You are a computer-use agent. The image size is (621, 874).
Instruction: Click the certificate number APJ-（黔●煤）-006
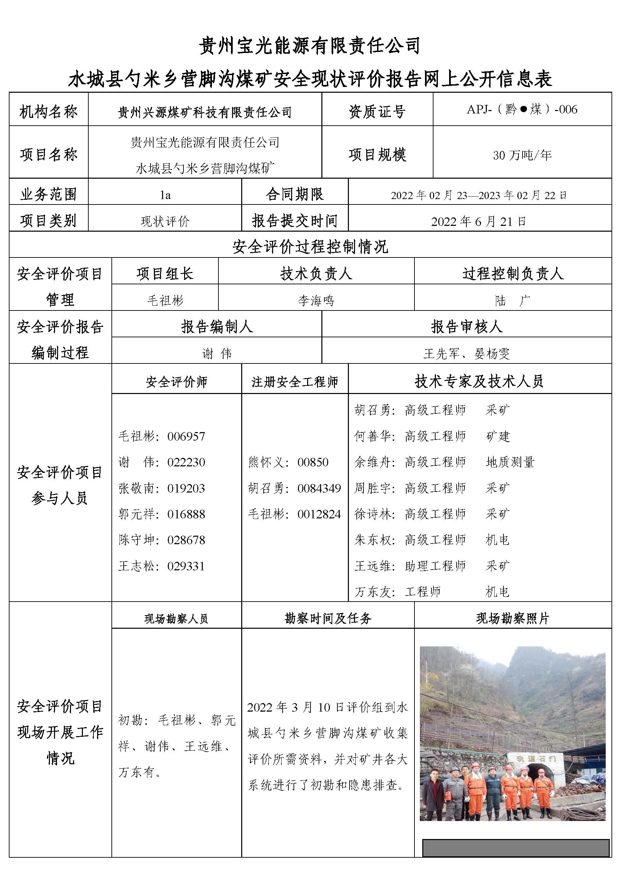522,110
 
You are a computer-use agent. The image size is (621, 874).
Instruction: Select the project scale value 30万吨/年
522,155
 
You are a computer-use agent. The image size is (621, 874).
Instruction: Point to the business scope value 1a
165,195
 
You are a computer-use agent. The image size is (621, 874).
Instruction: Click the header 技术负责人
316,274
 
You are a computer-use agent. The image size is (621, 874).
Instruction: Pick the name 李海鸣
316,301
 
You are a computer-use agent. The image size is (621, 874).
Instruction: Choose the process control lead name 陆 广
512,301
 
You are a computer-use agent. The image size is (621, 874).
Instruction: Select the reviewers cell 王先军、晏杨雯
466,353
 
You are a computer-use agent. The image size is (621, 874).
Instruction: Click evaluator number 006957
186,436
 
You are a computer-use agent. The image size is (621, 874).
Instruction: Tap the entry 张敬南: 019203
162,488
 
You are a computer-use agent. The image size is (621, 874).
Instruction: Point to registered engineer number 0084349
319,488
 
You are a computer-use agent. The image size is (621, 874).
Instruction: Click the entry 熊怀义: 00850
288,462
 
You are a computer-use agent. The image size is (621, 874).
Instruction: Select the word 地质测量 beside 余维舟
510,462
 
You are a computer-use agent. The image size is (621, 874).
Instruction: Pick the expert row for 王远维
432,566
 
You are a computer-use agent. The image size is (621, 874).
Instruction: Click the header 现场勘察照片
512,618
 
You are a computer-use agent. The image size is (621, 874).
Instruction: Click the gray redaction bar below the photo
515,848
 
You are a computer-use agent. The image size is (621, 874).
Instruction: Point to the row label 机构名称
49,112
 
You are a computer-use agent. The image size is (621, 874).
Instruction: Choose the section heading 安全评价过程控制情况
310,247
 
